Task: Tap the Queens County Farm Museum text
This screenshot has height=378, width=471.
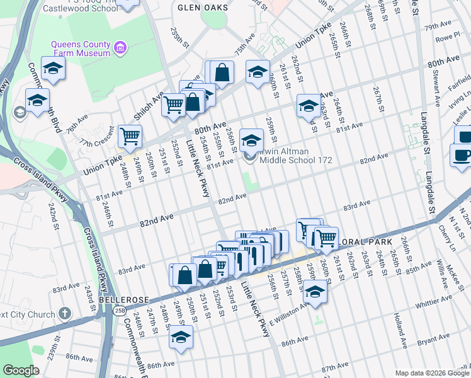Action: click(81, 52)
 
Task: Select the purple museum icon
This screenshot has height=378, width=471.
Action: click(120, 47)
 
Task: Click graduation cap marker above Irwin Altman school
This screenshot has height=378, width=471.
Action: click(251, 140)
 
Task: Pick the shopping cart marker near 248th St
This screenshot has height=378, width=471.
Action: click(130, 135)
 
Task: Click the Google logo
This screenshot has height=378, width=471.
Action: click(21, 370)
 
